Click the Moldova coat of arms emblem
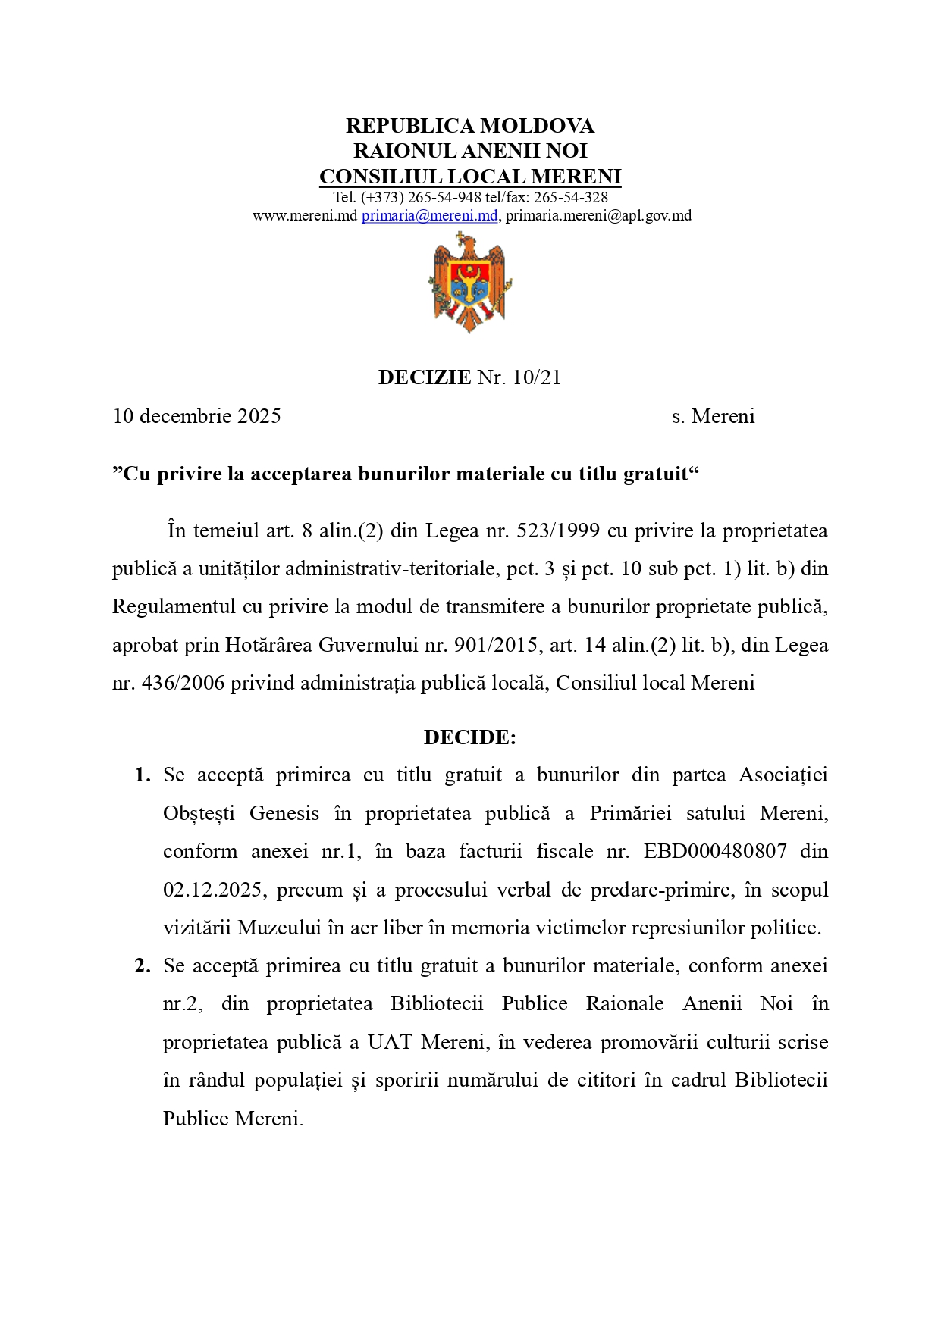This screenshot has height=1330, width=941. pos(470,283)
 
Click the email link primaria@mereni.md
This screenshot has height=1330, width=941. pos(429,216)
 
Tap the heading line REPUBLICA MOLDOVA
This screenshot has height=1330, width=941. pos(470,126)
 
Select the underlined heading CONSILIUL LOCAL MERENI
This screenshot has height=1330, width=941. pos(470,177)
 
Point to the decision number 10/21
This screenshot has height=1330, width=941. pos(536,377)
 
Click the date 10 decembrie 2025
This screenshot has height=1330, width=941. pos(197,416)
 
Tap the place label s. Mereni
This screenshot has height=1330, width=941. pos(713,416)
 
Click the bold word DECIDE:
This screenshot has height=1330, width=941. pos(470,737)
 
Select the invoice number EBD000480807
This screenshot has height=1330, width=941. pos(715,851)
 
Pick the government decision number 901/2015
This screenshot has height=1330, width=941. pos(496,645)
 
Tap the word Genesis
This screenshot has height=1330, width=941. pos(284,813)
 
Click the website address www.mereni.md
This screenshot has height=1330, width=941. pos(304,216)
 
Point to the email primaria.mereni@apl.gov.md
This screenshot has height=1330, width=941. pos(598,216)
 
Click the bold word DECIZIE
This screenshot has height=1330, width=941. pos(425,377)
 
